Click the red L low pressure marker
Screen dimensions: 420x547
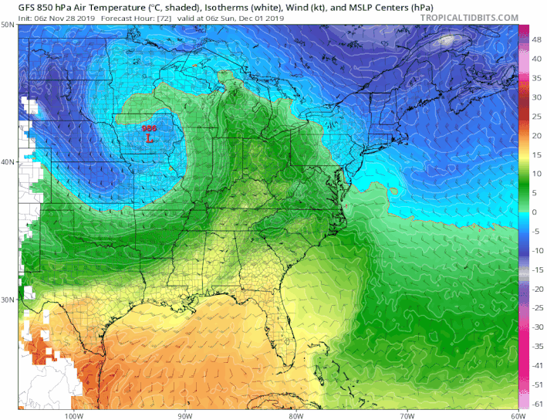coord(148,139)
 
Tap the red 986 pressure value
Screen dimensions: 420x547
coord(148,128)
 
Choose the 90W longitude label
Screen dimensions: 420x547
coord(183,415)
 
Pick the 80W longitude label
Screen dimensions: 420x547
coord(294,415)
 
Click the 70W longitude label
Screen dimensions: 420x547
coord(404,415)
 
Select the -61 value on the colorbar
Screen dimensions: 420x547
coord(535,404)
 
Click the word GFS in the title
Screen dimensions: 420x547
coord(12,6)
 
